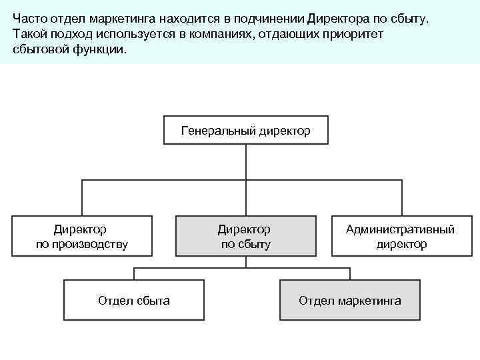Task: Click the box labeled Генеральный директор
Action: click(x=246, y=131)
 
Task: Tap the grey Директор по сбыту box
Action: click(x=246, y=237)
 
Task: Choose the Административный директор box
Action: click(x=401, y=237)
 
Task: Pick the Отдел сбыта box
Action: click(x=134, y=301)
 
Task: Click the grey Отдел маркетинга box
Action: click(x=350, y=301)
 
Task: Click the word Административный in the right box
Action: click(x=401, y=229)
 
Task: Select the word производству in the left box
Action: click(x=89, y=245)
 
